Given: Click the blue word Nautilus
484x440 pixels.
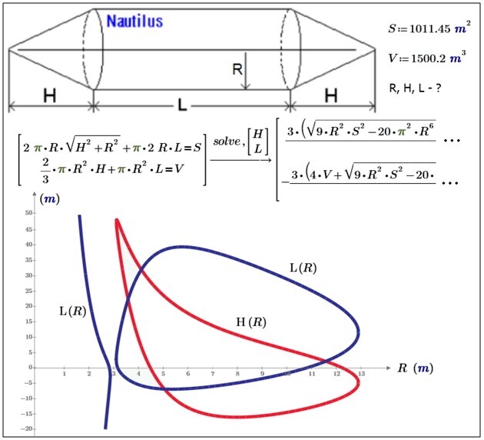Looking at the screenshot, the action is coord(134,21).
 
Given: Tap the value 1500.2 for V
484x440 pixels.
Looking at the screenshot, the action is coord(428,58).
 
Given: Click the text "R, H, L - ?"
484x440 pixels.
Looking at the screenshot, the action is coord(415,88).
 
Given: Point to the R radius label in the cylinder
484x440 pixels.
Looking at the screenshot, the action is coord(237,69).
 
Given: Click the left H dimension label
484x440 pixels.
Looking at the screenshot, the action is coord(50,95).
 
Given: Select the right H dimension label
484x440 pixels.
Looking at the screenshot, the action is coord(331,95).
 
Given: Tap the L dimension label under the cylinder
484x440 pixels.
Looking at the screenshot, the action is coord(182,105).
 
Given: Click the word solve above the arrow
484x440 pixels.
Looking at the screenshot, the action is coord(227,142).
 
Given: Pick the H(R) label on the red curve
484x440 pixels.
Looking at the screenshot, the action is coord(251,322).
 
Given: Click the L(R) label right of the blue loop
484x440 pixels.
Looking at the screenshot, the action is coord(303,268).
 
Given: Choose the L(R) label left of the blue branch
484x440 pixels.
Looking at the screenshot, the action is coord(72,311).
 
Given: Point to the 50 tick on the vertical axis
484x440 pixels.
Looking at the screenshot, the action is coord(28,213).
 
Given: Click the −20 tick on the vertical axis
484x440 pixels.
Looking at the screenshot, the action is coord(27,429).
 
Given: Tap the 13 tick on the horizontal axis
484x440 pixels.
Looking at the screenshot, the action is coord(361,374).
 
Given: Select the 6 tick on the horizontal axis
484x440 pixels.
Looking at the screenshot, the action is coord(188,374).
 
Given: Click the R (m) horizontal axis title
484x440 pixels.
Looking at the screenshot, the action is coord(416,368).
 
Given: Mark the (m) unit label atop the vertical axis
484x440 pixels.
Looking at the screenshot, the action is coord(50,199).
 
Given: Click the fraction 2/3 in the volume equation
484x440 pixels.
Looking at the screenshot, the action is coord(45,170).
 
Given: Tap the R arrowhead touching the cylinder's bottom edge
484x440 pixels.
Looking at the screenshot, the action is coord(246,86).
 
